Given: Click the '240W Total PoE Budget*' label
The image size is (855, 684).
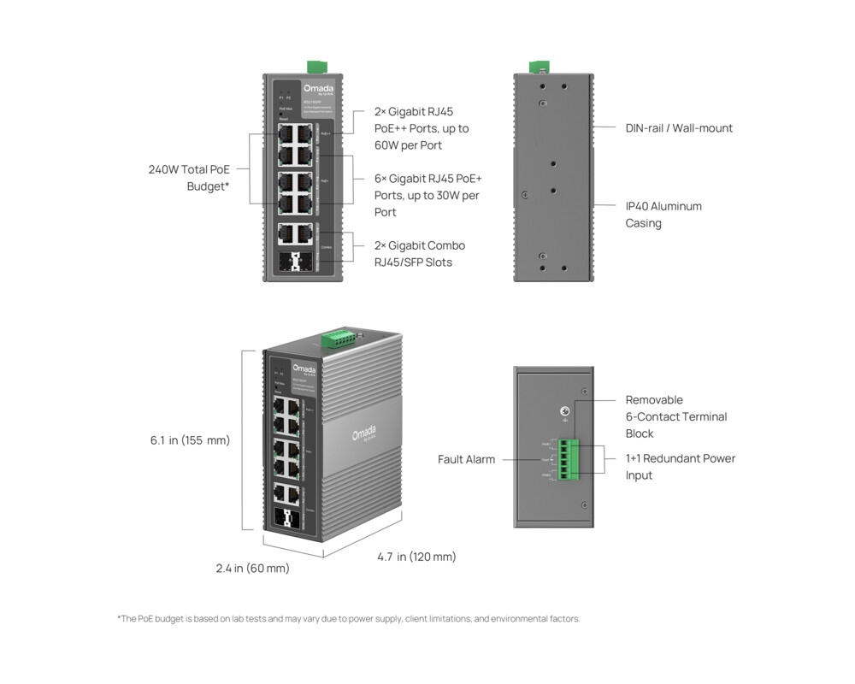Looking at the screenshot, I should [189, 178].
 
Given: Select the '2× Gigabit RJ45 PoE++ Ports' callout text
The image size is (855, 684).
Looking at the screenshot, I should [422, 128].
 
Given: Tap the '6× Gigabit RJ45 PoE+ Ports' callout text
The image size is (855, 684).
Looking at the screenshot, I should [427, 195].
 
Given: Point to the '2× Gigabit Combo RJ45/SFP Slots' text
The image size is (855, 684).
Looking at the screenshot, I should [420, 254].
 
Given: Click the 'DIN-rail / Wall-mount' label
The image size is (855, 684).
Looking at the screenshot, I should [679, 128].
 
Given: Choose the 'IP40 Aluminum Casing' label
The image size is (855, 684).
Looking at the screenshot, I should [663, 215].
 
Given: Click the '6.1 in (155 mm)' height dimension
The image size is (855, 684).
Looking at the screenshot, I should [190, 440].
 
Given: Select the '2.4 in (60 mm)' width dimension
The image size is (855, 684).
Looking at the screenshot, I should [252, 568].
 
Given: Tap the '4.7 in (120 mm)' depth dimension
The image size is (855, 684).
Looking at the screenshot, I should [416, 557].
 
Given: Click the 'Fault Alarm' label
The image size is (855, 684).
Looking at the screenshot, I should [466, 459].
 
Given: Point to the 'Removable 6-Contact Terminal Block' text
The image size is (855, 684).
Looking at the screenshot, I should [675, 417].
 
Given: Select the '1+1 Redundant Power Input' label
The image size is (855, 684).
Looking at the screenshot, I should [680, 467].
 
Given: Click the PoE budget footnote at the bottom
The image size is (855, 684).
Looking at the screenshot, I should [348, 618].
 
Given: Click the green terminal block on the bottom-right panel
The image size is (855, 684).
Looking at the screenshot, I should [564, 459].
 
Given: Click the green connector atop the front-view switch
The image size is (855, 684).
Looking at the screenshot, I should [317, 67].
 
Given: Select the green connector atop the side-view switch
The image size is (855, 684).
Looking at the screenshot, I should [538, 67].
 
